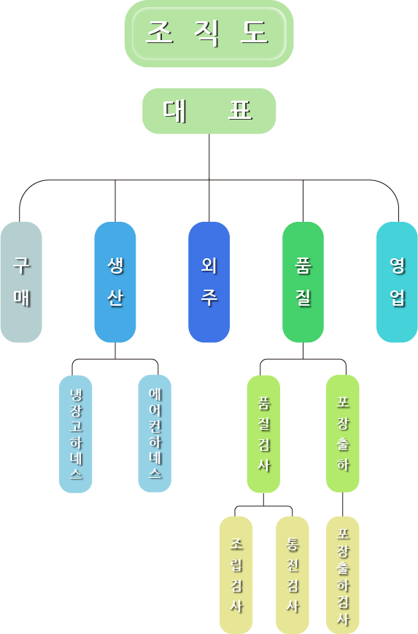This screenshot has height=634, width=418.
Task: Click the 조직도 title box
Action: coord(209,33)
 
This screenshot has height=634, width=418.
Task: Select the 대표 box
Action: coord(209,111)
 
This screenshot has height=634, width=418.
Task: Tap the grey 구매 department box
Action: coord(21,282)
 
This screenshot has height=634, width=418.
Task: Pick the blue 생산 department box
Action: coord(115,282)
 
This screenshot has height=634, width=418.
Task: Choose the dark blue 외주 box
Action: coord(209,282)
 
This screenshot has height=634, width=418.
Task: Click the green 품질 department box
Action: coord(303,282)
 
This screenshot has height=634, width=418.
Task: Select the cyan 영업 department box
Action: coord(397,282)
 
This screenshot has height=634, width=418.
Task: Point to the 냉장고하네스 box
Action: coord(76,434)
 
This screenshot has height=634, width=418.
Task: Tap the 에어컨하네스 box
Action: coord(155,433)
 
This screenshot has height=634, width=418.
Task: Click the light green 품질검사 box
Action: coord(263,434)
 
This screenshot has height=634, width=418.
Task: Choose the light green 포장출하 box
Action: coord(343,433)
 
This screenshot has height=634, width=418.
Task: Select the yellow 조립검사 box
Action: coord(236,575)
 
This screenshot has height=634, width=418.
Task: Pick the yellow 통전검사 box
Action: coord(293,575)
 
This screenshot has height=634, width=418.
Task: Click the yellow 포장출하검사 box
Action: coord(343,575)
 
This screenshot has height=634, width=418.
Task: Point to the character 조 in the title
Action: coord(160,32)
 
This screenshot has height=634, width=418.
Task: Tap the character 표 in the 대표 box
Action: coord(241,110)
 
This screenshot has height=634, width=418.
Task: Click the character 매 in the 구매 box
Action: coord(22,297)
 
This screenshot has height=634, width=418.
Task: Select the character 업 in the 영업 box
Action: coord(398,297)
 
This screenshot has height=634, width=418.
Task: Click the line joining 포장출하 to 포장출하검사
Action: coord(343,505)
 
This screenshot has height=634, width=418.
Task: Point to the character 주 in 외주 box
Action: coord(209,297)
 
